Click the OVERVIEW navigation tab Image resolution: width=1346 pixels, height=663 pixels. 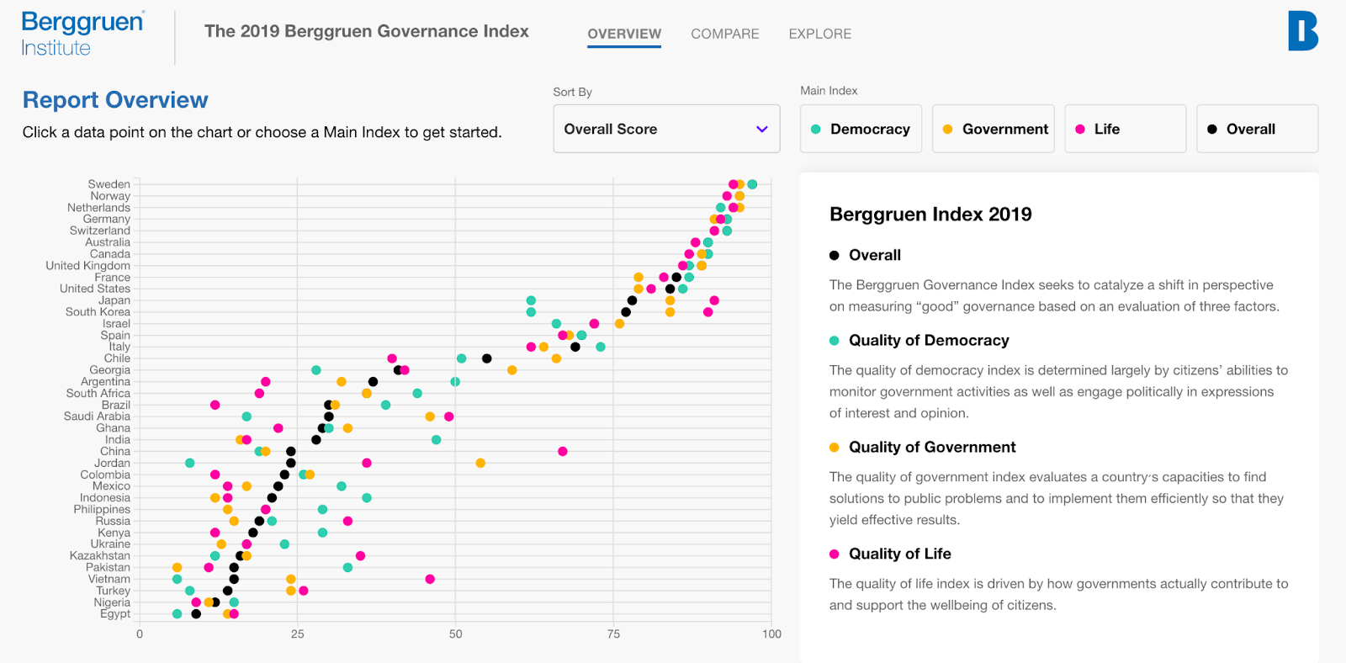[624, 34]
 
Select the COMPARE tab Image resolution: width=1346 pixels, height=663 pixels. [724, 34]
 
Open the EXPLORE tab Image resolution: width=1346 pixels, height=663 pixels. [819, 34]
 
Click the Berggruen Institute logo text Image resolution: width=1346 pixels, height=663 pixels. [82, 34]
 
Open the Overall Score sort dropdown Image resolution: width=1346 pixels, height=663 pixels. [666, 129]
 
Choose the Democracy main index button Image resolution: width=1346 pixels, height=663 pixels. [861, 129]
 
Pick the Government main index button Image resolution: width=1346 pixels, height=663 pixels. [993, 129]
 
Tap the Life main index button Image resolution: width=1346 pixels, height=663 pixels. [1125, 129]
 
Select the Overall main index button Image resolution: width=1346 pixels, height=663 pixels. [1257, 129]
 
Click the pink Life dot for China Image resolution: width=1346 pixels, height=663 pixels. [563, 452]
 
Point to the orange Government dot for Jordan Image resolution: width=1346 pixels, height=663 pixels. [480, 463]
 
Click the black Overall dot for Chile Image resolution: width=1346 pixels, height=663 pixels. [486, 358]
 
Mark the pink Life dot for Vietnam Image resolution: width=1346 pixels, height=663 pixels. [430, 579]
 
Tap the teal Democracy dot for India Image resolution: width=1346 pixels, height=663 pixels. [436, 440]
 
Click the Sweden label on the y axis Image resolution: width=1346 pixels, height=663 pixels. [109, 184]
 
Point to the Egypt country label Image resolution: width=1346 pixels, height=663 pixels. [115, 614]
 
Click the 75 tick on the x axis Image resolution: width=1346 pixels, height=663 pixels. [613, 634]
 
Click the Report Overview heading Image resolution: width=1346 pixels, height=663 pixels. [115, 100]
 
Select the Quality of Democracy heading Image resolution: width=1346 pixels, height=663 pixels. [929, 340]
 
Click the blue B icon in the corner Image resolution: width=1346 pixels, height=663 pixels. [1302, 31]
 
